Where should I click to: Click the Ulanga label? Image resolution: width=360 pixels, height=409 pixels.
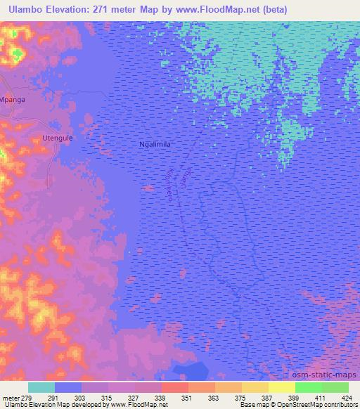pos(186,171)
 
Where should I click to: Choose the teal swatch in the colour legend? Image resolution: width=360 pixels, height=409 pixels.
pos(41,387)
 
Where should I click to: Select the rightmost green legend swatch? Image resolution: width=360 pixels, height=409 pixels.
pos(335,387)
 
